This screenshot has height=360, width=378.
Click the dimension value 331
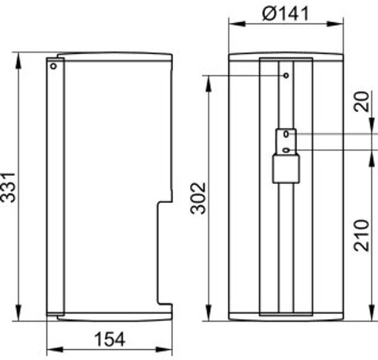coord(8,187)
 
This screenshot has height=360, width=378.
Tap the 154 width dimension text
coord(110,339)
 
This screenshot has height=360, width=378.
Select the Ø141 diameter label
coord(285,14)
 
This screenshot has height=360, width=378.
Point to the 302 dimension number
coord(198,198)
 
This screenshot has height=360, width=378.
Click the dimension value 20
coord(361,101)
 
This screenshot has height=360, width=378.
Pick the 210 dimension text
coord(361,235)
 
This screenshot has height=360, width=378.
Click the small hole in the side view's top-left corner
coord(54,66)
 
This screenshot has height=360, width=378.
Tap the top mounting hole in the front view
coord(286,76)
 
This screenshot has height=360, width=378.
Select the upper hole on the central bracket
coord(286,134)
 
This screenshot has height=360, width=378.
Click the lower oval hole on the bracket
coord(286,150)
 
